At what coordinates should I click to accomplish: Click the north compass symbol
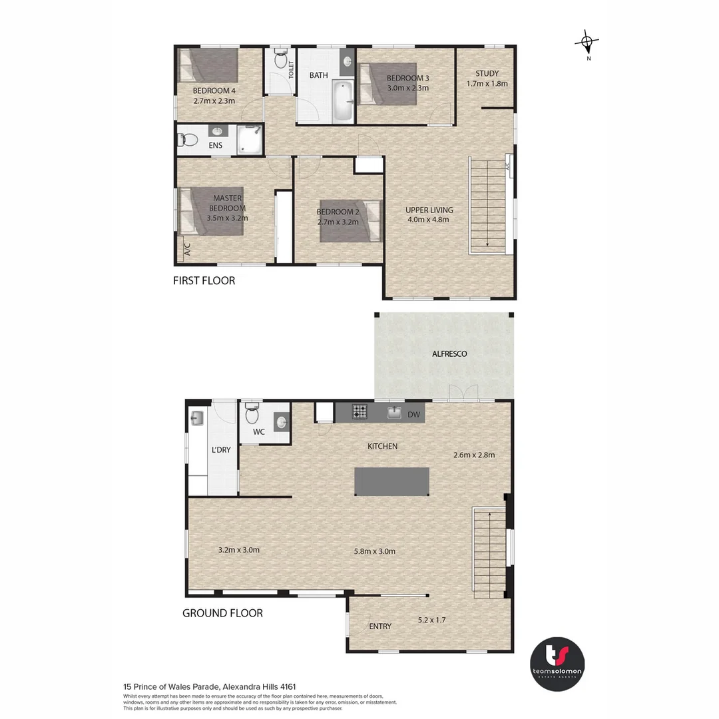587,44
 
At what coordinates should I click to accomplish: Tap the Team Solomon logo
557,664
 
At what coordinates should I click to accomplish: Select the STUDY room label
487,73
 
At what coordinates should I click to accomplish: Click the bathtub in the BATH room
342,101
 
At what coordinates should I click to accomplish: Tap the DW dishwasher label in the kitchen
413,415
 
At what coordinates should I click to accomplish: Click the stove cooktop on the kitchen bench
359,412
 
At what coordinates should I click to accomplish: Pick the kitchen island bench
391,481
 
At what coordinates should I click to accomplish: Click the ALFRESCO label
450,354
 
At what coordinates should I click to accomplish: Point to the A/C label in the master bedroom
187,250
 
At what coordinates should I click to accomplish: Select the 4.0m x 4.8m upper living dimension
427,219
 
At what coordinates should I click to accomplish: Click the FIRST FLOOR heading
204,281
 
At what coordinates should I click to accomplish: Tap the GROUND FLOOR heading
222,613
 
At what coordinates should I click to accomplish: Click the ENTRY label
380,626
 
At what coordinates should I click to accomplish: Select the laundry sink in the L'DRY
196,418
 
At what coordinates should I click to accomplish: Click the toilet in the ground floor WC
252,415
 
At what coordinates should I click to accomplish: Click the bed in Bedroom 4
208,67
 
